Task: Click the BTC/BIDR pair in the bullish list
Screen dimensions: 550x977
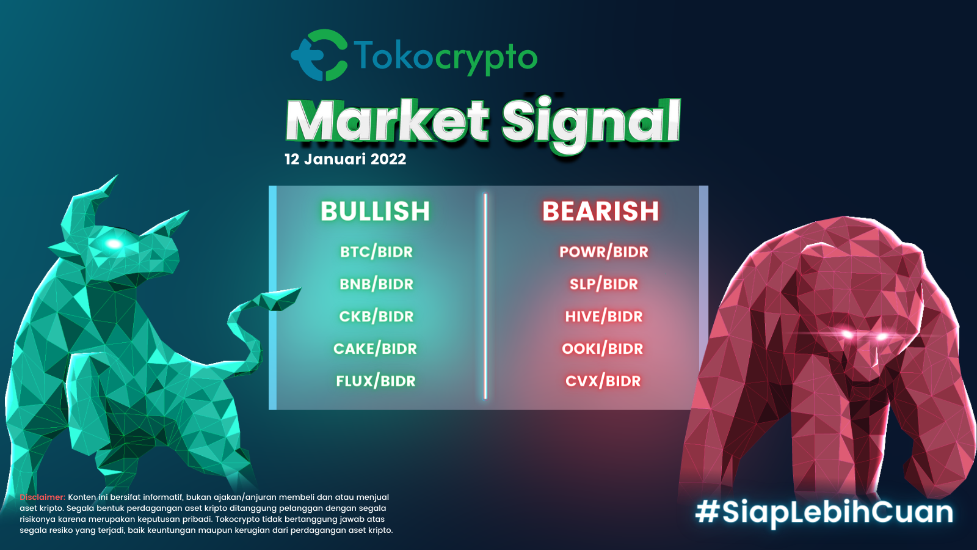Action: pos(376,252)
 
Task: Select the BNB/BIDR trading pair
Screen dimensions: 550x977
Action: pos(376,284)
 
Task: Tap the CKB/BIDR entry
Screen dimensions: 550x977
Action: pos(376,317)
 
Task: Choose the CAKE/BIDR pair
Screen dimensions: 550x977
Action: pos(375,349)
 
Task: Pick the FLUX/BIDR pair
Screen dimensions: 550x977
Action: pos(376,381)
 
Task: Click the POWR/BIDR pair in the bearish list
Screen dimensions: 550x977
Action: pos(603,252)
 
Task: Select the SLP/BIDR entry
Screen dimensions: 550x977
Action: pos(603,284)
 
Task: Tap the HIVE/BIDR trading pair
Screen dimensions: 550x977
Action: pos(603,317)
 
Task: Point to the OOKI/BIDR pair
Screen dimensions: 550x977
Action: pos(602,349)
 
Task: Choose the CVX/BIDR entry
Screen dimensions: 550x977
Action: pos(603,381)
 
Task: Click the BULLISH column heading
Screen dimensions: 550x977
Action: pos(375,211)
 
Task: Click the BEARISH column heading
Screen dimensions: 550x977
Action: pos(601,211)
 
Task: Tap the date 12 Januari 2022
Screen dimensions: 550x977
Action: pos(345,159)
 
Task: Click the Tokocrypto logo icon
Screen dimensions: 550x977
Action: pos(319,55)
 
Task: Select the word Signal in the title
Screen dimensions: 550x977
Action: pos(590,122)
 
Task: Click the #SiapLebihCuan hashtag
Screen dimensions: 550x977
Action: pos(824,512)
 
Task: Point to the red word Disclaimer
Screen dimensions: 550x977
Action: pos(42,497)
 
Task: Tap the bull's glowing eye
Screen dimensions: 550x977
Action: pos(114,244)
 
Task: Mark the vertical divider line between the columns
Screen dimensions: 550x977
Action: pos(485,296)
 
